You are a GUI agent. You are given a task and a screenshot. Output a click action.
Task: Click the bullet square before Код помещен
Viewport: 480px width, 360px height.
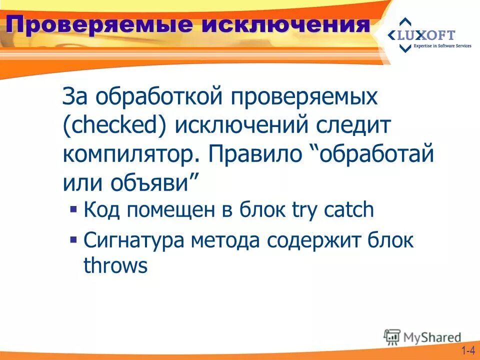[x=73, y=208]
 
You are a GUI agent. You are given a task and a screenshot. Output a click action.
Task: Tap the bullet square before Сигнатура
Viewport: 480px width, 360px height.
[x=73, y=239]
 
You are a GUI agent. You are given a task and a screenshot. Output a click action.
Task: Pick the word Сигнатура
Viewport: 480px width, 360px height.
[x=133, y=240]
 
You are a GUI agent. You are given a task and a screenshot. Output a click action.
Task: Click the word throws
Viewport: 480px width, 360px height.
[x=115, y=266]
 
